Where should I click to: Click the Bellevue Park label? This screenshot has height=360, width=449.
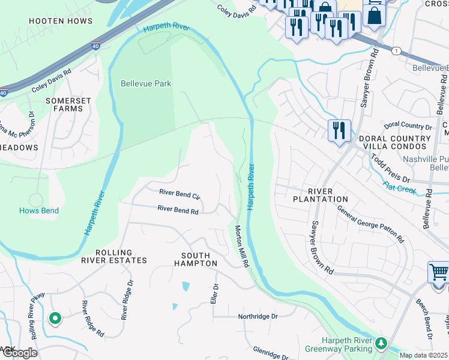(146, 83)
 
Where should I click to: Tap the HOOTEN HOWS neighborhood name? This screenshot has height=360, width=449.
(61, 21)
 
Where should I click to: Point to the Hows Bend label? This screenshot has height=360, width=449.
(38, 211)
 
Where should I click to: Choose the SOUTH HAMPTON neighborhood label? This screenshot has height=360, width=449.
(195, 259)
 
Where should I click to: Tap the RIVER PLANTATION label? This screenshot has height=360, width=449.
(320, 199)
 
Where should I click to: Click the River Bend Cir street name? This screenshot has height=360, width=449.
(179, 193)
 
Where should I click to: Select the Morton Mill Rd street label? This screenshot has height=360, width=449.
(242, 246)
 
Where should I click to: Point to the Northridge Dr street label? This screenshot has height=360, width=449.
(258, 316)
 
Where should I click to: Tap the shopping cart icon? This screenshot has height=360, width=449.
(438, 273)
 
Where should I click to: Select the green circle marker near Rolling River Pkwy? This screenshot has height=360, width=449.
(55, 319)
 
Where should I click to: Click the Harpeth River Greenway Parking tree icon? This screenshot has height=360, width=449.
(381, 343)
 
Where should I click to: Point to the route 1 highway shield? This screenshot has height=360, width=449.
(396, 51)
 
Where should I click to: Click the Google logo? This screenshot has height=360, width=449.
(19, 353)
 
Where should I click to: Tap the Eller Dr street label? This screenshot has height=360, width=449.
(213, 293)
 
